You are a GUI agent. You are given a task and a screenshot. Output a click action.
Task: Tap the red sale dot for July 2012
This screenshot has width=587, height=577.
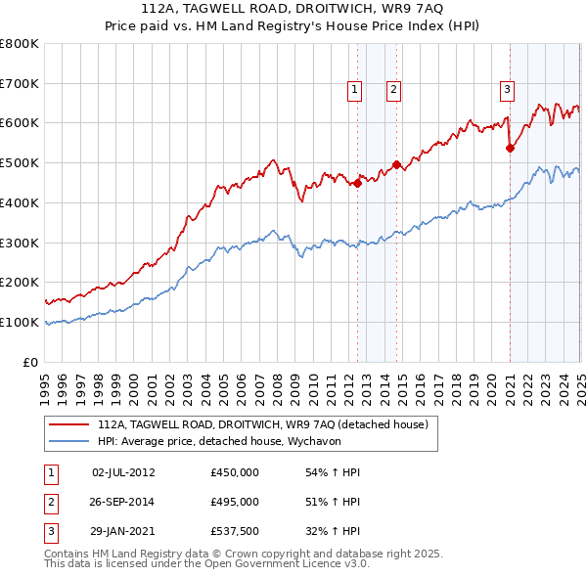click(x=358, y=182)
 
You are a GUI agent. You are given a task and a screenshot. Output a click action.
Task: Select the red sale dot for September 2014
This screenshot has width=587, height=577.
click(x=396, y=164)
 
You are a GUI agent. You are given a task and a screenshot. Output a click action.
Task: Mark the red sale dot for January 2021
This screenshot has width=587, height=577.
click(x=510, y=149)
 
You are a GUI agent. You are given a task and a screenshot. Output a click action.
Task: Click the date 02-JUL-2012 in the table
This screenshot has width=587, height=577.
click(x=123, y=472)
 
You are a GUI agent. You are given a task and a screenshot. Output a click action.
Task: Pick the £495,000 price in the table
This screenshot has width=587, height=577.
click(x=235, y=502)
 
